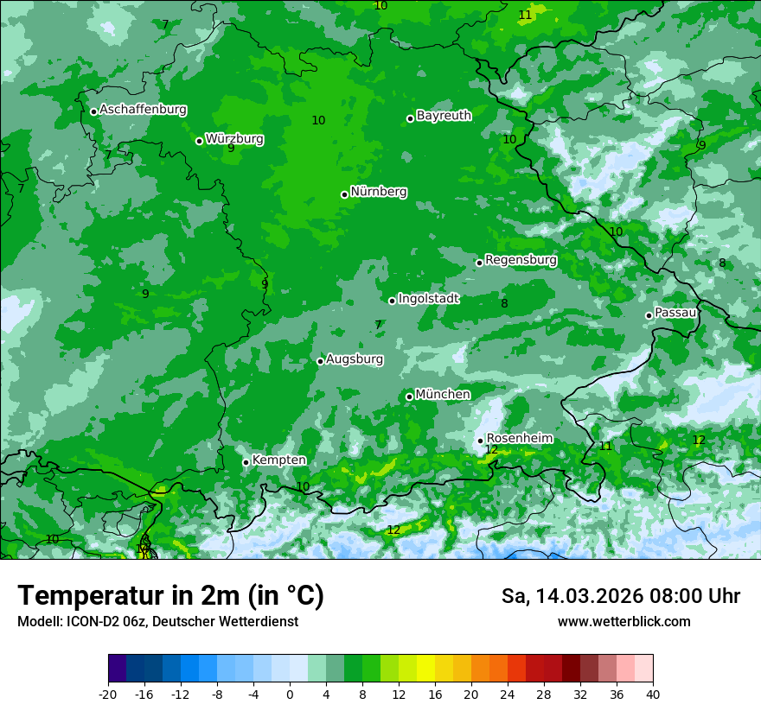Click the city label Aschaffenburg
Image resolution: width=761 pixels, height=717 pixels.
point(143,110)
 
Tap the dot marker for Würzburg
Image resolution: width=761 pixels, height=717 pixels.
point(199,141)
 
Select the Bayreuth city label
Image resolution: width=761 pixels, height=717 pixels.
point(444,116)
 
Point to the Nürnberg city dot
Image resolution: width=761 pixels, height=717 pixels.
point(344,194)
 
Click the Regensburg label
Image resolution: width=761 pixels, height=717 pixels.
point(521,260)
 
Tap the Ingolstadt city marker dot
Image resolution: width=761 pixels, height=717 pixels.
point(392,301)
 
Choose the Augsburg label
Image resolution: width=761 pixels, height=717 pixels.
point(355,359)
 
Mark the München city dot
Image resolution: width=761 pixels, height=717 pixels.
point(409,397)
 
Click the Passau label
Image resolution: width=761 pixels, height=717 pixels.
point(675,313)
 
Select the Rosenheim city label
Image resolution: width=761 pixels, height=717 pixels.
point(519,439)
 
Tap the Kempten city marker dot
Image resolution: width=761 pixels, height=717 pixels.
point(246,462)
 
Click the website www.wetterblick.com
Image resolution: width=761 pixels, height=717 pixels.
point(624,622)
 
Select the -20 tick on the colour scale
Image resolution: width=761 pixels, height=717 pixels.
point(108,695)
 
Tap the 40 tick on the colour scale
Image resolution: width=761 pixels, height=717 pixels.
point(653,695)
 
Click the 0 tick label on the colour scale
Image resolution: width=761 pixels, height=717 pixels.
point(290,695)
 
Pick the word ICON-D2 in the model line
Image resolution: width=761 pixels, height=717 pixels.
point(86,622)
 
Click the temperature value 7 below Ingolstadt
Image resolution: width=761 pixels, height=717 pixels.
point(378,326)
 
